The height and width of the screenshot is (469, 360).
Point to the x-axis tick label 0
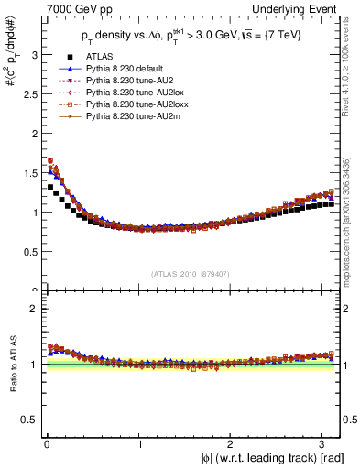pos(46,443)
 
